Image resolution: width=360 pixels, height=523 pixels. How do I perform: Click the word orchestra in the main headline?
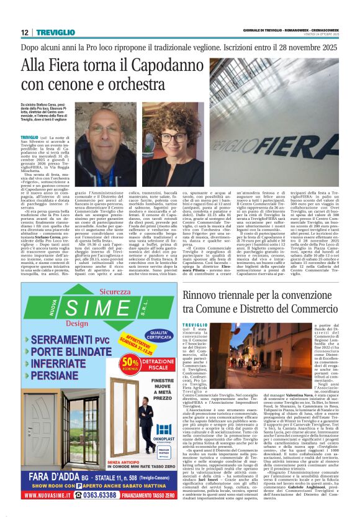pyautogui.click(x=138, y=84)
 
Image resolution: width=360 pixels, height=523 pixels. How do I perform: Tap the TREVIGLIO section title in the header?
pyautogui.click(x=55, y=32)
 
